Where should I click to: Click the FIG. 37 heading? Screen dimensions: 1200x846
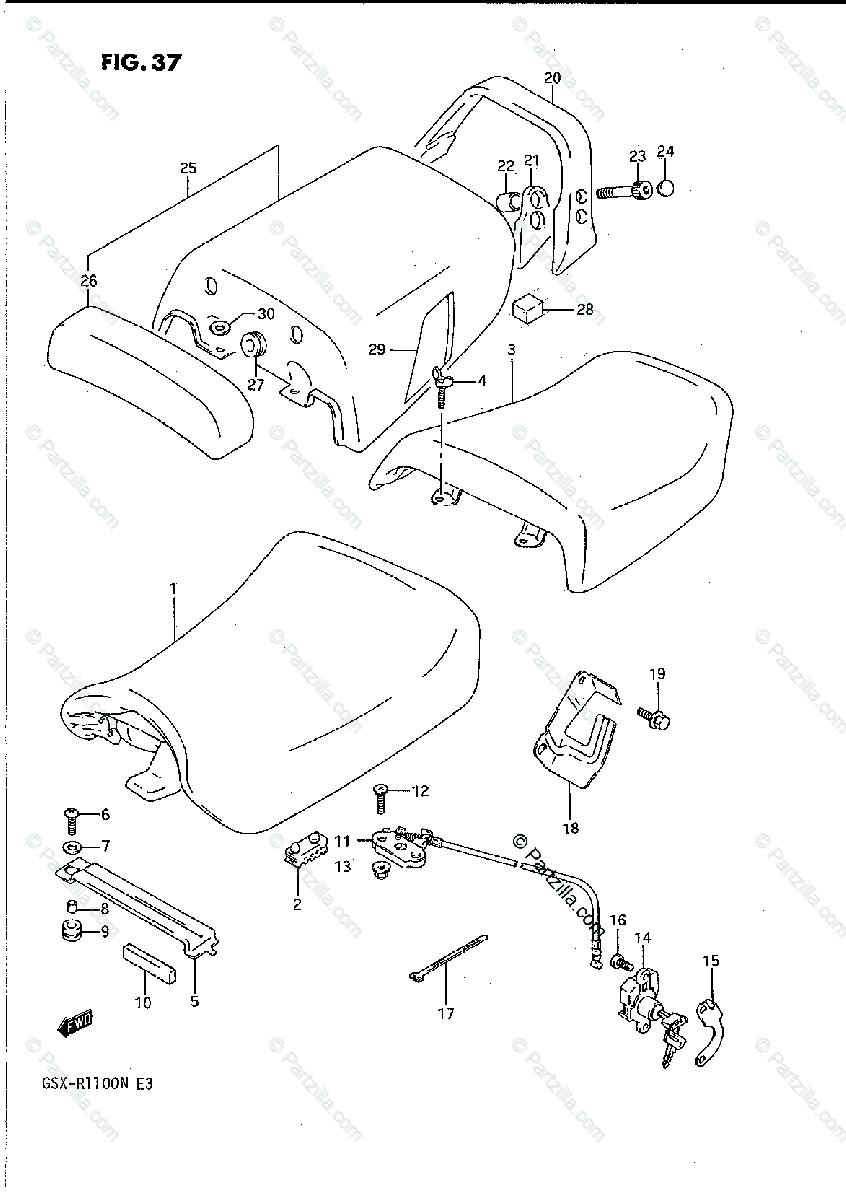[x=141, y=62]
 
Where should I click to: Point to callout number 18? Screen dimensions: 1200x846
[x=571, y=828]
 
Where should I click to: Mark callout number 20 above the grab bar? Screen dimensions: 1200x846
[x=553, y=78]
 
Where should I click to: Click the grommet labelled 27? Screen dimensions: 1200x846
[x=254, y=345]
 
